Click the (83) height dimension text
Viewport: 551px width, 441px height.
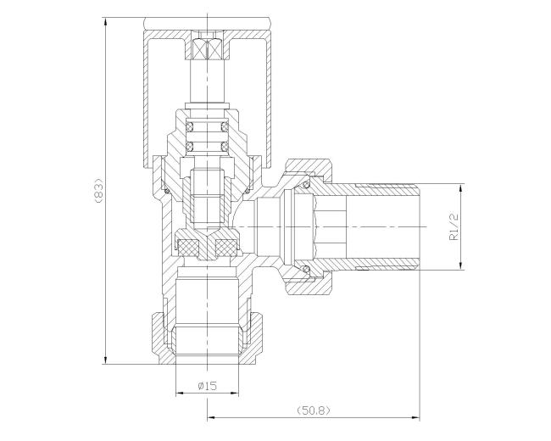[98, 190]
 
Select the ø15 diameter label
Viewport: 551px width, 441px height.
[208, 386]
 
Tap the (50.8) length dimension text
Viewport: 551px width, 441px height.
[313, 410]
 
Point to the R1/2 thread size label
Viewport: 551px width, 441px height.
[454, 226]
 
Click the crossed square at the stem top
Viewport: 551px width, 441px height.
[208, 49]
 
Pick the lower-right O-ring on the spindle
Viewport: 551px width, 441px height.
[224, 146]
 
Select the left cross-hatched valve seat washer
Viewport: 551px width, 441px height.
[192, 248]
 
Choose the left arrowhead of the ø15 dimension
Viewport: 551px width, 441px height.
[178, 394]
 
